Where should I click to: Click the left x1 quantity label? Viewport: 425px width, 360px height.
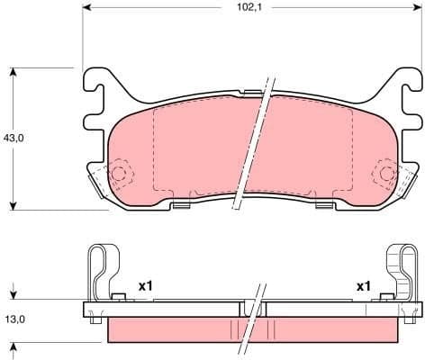click(145, 286)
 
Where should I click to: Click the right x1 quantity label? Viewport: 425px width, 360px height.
click(364, 286)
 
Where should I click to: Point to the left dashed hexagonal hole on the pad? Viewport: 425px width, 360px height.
click(119, 172)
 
